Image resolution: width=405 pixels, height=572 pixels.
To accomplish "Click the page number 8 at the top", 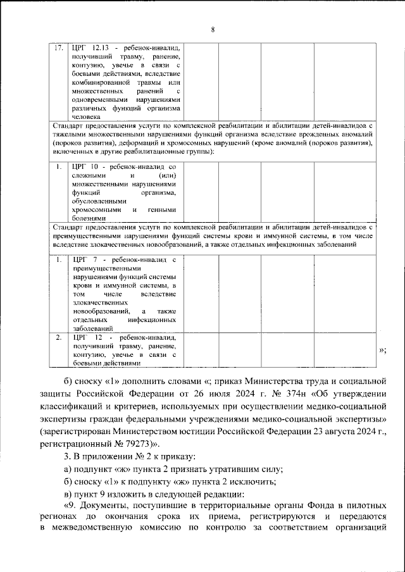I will pos(212,30).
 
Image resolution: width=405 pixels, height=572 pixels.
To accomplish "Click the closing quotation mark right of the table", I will pos(382,351).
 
